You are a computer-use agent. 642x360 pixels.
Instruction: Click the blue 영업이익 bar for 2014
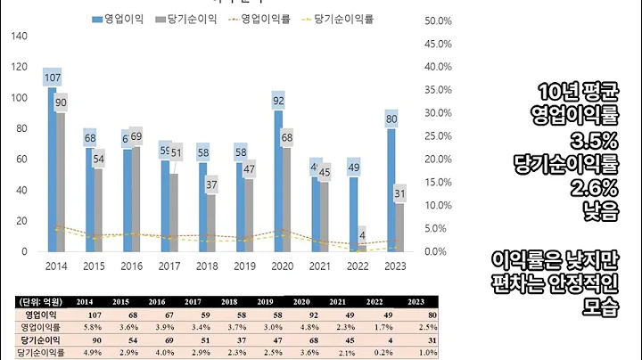tap(52, 169)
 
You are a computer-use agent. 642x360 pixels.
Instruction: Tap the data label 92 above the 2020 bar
tap(279, 101)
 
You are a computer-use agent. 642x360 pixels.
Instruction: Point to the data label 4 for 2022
tap(362, 235)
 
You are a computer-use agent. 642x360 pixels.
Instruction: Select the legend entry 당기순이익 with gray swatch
tap(187, 20)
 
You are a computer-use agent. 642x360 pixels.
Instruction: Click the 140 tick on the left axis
tap(19, 36)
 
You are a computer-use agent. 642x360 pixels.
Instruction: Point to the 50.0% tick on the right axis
tap(438, 20)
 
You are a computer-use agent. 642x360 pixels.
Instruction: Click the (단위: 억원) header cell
tap(42, 301)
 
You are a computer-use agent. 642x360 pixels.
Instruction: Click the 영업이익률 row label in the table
tap(42, 327)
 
